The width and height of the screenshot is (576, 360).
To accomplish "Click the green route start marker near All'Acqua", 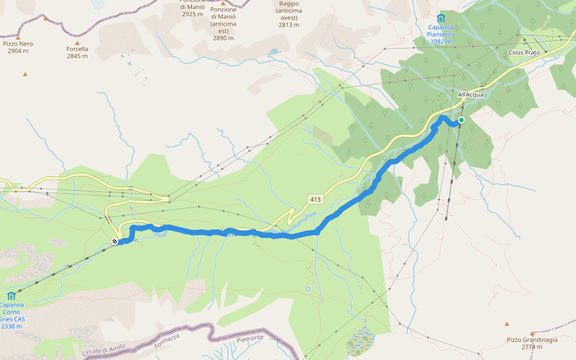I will coord(461,120).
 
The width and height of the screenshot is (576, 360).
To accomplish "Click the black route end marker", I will coord(114,242).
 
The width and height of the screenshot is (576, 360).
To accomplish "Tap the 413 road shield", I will coord(316,199).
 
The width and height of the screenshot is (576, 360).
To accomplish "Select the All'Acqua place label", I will coord(470,95).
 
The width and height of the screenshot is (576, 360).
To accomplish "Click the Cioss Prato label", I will coord(524,53).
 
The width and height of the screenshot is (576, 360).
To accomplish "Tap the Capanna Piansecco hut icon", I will coord(442,18).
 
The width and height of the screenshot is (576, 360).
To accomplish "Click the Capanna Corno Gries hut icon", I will coord(11,296).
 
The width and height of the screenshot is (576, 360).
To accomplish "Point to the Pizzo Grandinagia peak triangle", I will coord(532,333).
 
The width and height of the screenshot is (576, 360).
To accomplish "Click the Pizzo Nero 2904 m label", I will coord(18,47).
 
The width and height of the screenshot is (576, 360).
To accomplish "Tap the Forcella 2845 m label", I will coord(77,53).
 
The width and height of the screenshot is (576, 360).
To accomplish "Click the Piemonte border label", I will coord(250,338).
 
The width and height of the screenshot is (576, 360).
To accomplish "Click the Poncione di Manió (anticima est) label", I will coord(223,23).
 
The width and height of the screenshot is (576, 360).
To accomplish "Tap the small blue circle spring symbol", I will coord(308,289).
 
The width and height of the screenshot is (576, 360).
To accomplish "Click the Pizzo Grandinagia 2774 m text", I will coord(532,343).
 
